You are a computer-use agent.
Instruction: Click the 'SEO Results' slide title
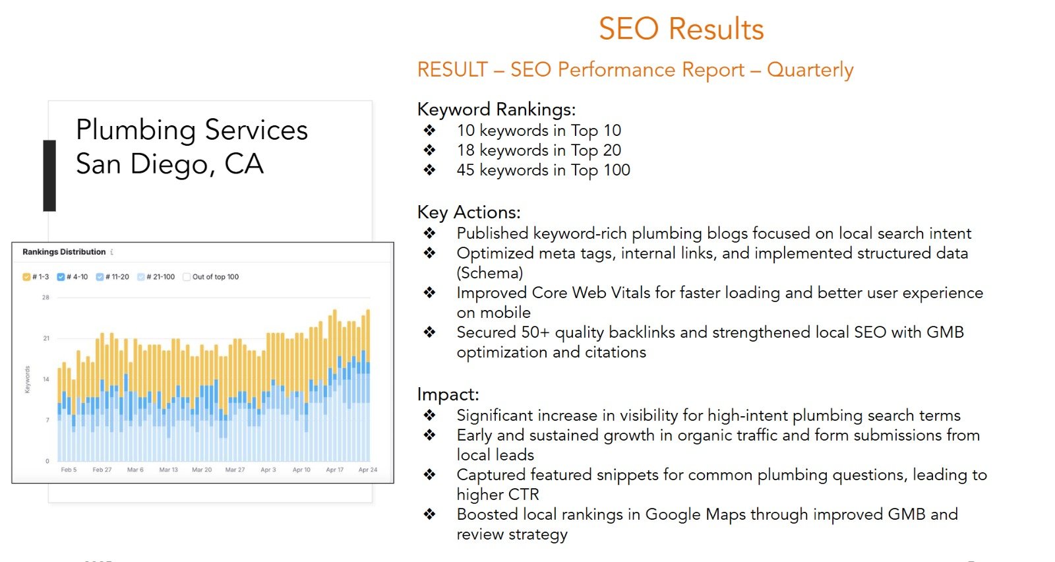681,29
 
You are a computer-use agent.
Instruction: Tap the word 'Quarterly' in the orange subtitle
810,70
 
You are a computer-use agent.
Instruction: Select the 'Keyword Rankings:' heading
497,109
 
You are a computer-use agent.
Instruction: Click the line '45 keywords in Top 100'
543,170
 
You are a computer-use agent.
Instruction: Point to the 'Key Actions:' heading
469,212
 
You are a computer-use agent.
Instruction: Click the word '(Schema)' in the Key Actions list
490,273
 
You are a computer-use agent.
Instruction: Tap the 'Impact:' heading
448,394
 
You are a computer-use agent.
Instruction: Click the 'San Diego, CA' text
169,164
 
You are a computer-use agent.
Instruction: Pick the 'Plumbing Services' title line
192,130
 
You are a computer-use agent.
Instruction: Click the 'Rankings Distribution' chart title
64,252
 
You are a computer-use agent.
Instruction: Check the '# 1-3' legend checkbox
26,277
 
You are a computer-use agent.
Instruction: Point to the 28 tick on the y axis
45,297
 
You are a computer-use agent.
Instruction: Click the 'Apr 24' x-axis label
368,470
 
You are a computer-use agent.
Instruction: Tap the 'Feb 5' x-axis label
69,470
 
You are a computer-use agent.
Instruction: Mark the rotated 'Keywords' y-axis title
27,379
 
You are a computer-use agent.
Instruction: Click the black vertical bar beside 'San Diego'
49,175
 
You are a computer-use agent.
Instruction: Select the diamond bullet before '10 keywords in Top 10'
430,131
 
